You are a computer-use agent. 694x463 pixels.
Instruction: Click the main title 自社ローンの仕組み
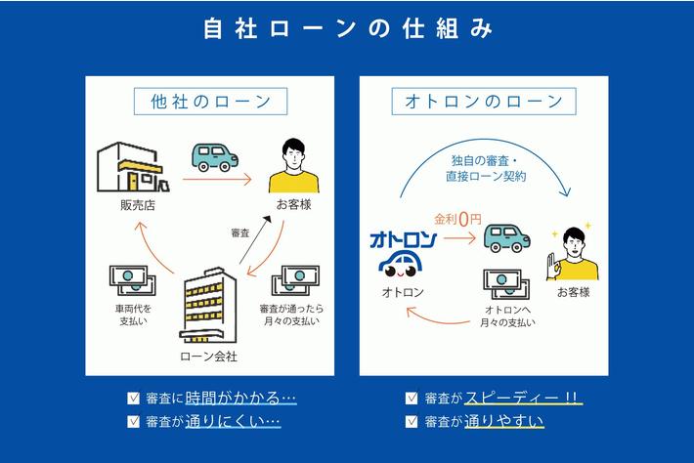tap(347, 29)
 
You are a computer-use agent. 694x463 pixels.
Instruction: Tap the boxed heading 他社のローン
tap(210, 102)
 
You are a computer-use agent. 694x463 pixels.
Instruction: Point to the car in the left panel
tap(213, 157)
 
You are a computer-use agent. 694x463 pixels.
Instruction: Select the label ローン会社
tap(209, 356)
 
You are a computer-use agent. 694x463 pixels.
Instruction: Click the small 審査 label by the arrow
tap(239, 232)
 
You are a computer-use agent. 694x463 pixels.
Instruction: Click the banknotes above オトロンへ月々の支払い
tap(507, 283)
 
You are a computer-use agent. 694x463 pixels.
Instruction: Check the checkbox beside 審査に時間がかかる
tap(134, 399)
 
